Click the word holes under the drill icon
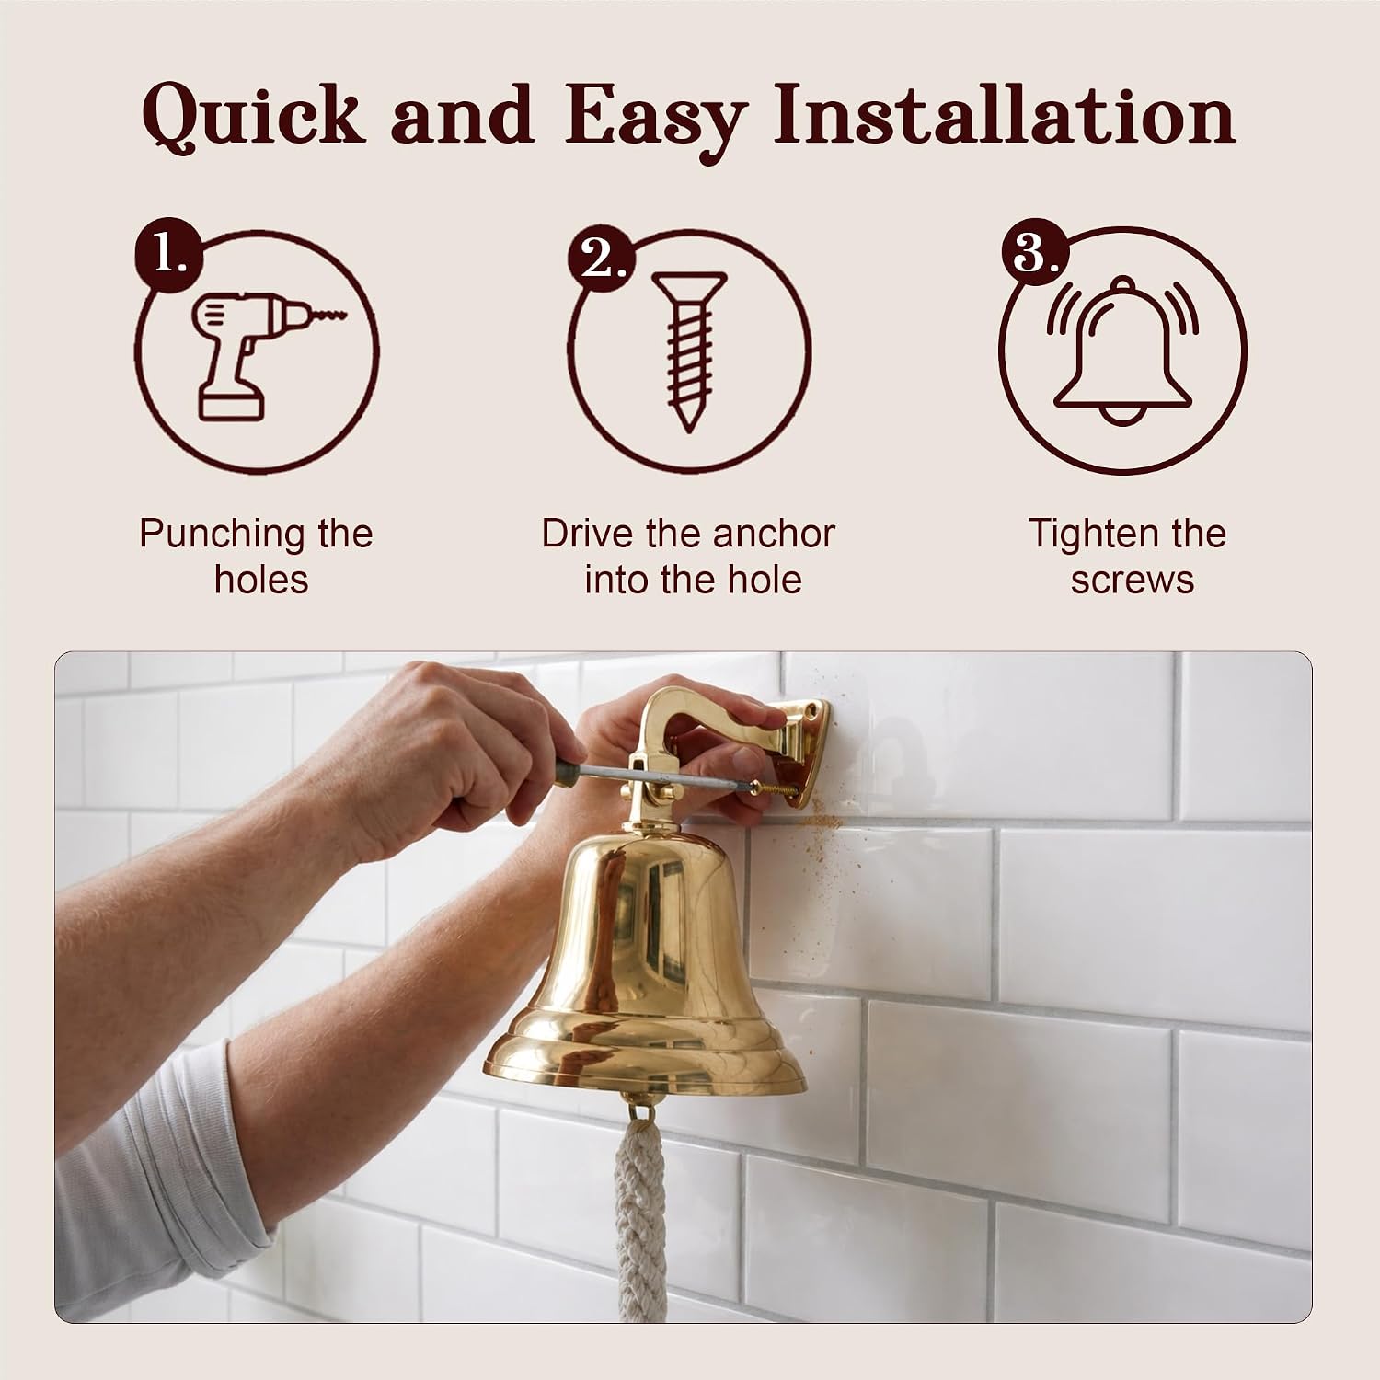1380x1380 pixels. pos(261,581)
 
